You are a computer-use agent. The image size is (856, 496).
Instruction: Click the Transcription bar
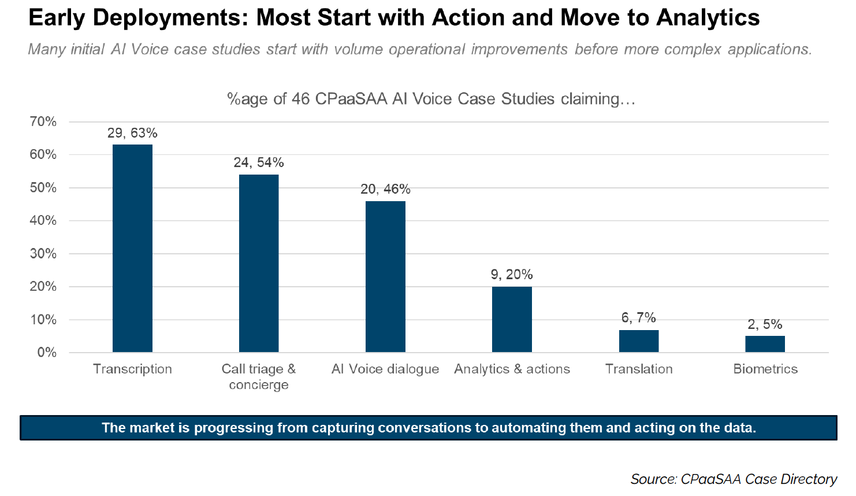pos(132,249)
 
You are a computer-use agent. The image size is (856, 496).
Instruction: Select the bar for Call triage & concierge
pos(259,264)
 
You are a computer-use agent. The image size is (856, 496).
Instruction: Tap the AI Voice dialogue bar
pos(385,277)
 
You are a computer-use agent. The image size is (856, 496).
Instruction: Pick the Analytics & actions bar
pos(512,320)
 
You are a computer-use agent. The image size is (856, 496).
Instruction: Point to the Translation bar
pos(639,341)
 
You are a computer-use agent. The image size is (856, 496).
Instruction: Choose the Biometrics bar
pos(765,344)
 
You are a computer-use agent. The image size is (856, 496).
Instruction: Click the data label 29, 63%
pos(132,133)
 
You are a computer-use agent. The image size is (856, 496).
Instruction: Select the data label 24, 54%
pos(259,162)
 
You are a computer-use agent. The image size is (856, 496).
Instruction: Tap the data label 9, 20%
pos(512,275)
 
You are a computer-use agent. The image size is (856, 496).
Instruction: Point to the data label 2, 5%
pos(765,324)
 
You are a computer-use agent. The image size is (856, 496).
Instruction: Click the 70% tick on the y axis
pos(43,121)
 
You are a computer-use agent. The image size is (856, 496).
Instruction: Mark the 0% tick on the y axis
pos(47,353)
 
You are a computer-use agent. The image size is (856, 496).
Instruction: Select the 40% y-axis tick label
pos(43,220)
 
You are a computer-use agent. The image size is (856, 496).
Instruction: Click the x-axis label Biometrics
pos(765,369)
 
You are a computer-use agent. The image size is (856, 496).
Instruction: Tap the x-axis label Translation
pos(639,369)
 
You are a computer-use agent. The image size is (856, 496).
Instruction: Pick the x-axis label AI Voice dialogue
pos(385,369)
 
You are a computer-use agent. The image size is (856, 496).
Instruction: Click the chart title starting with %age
pos(431,99)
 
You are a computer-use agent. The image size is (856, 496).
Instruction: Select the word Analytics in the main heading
pos(708,18)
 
